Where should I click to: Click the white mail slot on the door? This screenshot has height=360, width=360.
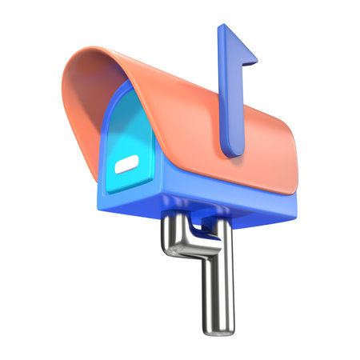point(127,167)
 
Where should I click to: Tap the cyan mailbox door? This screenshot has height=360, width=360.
point(128,136)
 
